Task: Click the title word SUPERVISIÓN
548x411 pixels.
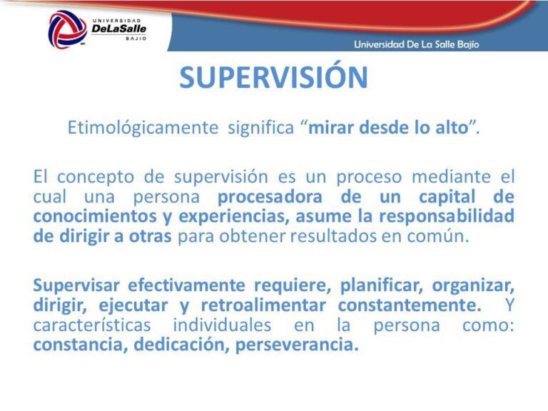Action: (273, 78)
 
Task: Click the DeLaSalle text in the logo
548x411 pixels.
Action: (118, 29)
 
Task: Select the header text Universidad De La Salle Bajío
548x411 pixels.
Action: (417, 44)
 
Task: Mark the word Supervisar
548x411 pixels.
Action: (76, 285)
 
